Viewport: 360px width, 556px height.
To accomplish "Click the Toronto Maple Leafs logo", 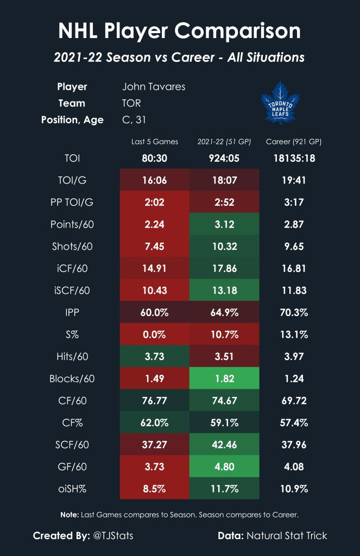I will (x=280, y=103).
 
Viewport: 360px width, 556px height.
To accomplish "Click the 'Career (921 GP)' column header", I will (x=294, y=142).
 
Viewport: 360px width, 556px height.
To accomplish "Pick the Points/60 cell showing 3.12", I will (x=224, y=224).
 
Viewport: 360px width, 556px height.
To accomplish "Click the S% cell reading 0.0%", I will (x=155, y=334).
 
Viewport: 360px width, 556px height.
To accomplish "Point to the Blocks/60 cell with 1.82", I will (x=224, y=378).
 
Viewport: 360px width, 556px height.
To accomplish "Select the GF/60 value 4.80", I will (x=224, y=466).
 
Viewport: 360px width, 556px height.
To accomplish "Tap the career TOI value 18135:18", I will (x=294, y=159).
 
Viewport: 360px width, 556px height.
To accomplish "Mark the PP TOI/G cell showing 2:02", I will (x=155, y=203).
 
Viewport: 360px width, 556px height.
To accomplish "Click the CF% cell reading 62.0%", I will (x=155, y=422).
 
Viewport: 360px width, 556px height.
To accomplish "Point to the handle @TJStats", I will (x=113, y=536).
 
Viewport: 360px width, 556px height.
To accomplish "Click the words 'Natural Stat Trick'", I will (x=287, y=536).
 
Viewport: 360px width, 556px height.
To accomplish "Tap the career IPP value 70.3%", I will (x=294, y=312).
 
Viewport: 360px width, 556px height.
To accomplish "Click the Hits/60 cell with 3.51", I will (x=224, y=356).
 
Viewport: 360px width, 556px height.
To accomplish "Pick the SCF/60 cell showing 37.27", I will (x=155, y=444).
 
